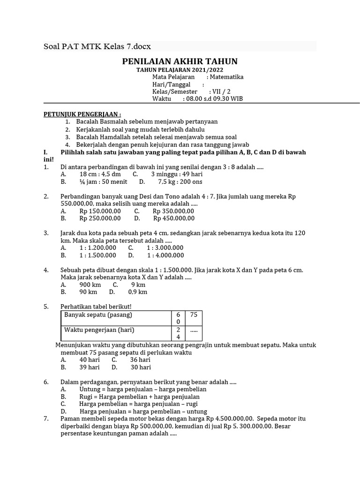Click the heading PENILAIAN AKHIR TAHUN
click(x=180, y=61)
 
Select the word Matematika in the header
click(x=226, y=77)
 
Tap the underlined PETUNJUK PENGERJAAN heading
click(x=82, y=114)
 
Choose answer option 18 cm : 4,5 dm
click(x=97, y=174)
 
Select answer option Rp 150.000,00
click(x=100, y=211)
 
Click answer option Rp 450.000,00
click(x=174, y=218)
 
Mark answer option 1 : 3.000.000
click(x=165, y=247)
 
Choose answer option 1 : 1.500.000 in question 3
click(x=97, y=255)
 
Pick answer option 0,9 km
click(x=138, y=292)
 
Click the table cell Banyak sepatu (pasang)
click(x=98, y=315)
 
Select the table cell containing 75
click(x=194, y=315)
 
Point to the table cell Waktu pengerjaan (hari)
click(x=99, y=330)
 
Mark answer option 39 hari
click(x=90, y=367)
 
